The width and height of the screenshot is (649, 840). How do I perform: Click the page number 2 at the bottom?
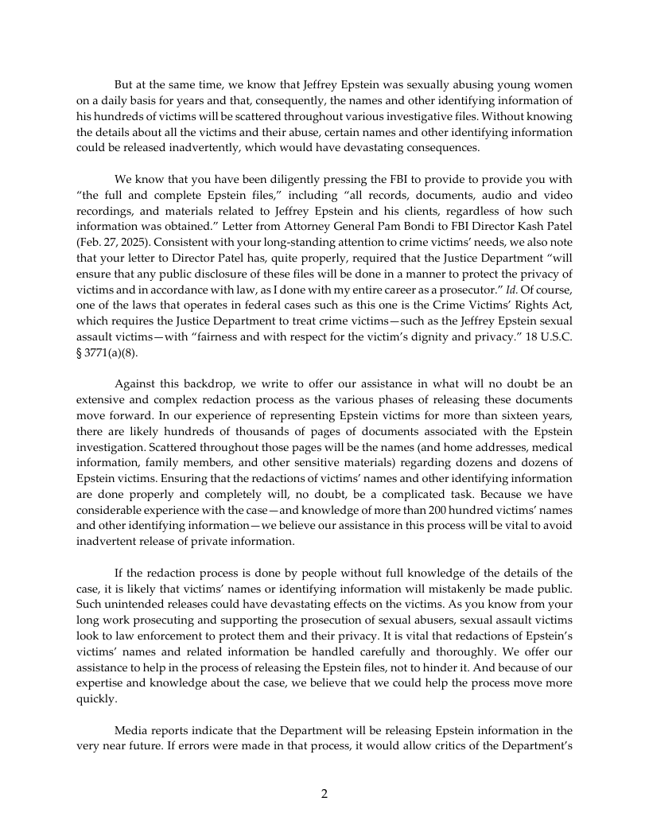click(324, 793)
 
